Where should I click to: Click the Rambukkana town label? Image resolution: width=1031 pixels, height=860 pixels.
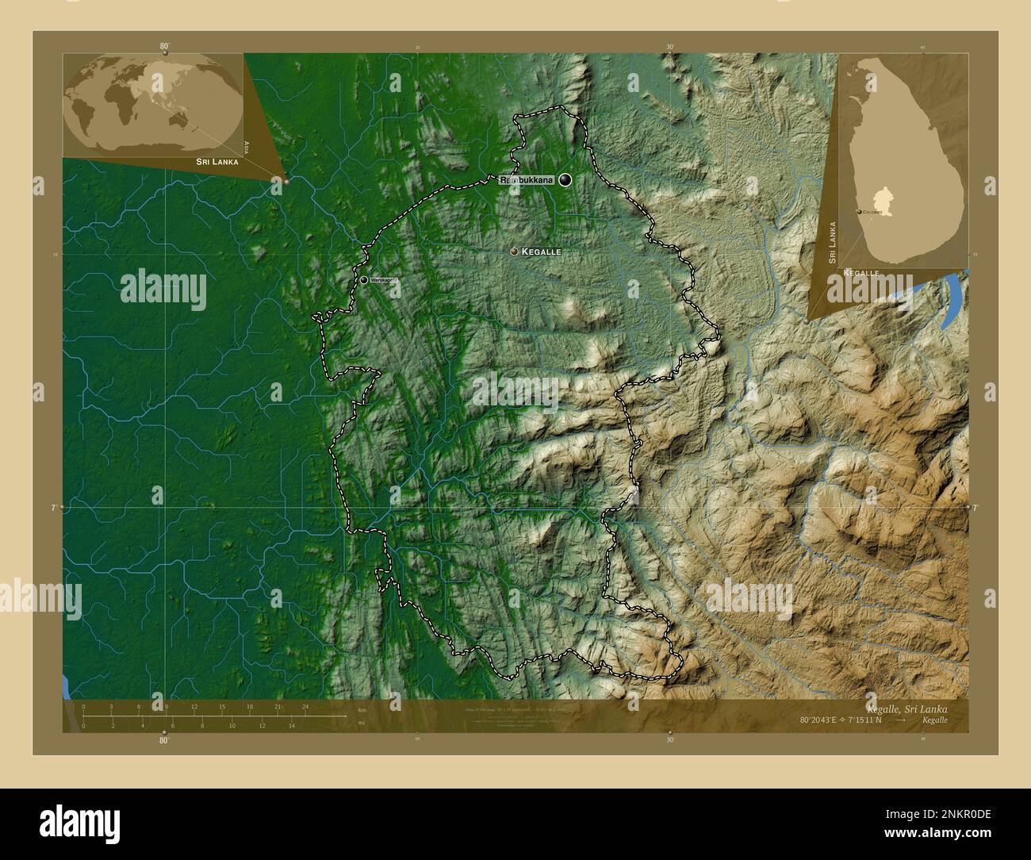pos(525,181)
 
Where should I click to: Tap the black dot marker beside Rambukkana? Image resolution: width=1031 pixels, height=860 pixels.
pos(565,180)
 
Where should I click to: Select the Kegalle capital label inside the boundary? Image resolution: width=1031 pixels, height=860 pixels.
pos(542,251)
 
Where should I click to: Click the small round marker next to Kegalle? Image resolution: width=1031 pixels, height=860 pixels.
pos(514,251)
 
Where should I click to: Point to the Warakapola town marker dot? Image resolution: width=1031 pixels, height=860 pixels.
pos(364,280)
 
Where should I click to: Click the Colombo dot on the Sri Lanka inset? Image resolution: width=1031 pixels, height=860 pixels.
pos(859,212)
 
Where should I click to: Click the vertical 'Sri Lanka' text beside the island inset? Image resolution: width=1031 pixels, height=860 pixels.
pos(832,241)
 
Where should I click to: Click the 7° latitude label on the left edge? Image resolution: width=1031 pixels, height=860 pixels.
pos(54,507)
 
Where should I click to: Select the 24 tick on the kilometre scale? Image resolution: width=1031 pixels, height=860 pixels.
pos(305,707)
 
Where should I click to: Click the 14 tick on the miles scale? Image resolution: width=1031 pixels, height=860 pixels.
pos(292,725)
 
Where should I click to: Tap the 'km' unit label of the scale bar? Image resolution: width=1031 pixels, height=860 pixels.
pos(362,709)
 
